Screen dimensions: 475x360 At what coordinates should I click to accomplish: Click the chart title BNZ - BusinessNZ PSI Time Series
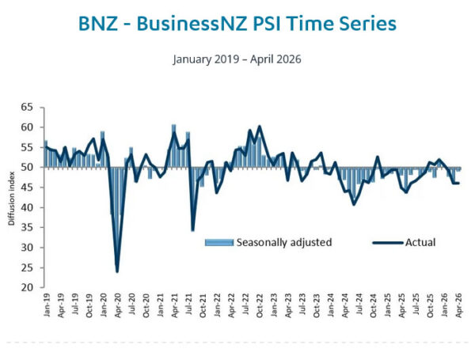click(237, 24)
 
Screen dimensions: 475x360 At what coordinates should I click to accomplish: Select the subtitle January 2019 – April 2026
click(237, 59)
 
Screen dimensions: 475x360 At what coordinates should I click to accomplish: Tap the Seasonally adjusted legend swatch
click(219, 243)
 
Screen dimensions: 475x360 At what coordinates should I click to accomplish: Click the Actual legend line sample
click(388, 243)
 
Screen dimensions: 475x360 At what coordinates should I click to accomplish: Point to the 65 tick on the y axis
click(27, 107)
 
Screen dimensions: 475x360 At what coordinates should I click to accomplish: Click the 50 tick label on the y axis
click(27, 168)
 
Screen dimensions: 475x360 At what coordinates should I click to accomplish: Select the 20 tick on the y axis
click(27, 287)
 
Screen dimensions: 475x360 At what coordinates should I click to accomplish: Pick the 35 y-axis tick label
click(27, 227)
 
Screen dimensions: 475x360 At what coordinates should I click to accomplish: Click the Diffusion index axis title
click(12, 199)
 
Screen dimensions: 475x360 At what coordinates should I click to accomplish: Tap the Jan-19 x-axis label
click(47, 305)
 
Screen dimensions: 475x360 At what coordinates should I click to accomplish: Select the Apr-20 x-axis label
click(118, 305)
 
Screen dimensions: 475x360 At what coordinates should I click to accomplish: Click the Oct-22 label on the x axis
click(260, 305)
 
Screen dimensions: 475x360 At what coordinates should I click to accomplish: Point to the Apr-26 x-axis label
click(458, 305)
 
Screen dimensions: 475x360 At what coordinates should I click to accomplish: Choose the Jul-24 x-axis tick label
click(359, 305)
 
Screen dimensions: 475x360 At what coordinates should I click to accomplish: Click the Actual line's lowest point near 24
click(117, 271)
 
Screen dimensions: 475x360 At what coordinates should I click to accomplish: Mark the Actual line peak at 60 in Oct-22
click(260, 127)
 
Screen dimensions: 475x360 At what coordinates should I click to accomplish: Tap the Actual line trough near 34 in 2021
click(192, 230)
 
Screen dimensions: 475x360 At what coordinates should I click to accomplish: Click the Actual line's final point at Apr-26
click(458, 184)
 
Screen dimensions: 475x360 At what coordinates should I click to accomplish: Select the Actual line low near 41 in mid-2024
click(354, 204)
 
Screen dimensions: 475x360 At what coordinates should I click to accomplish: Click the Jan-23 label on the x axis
click(274, 305)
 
